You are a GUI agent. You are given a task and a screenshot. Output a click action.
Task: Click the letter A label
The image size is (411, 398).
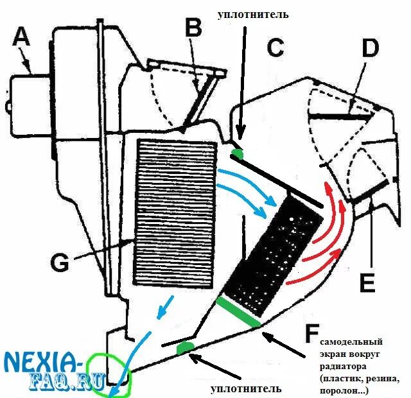[21, 39]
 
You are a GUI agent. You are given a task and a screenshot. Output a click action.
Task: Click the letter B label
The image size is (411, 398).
[193, 28]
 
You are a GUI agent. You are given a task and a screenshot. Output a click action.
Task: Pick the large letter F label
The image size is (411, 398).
[312, 334]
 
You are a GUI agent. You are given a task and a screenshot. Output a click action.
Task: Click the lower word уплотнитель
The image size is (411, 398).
[246, 388]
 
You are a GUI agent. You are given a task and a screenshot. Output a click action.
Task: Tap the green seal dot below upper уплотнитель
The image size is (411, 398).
[237, 154]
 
